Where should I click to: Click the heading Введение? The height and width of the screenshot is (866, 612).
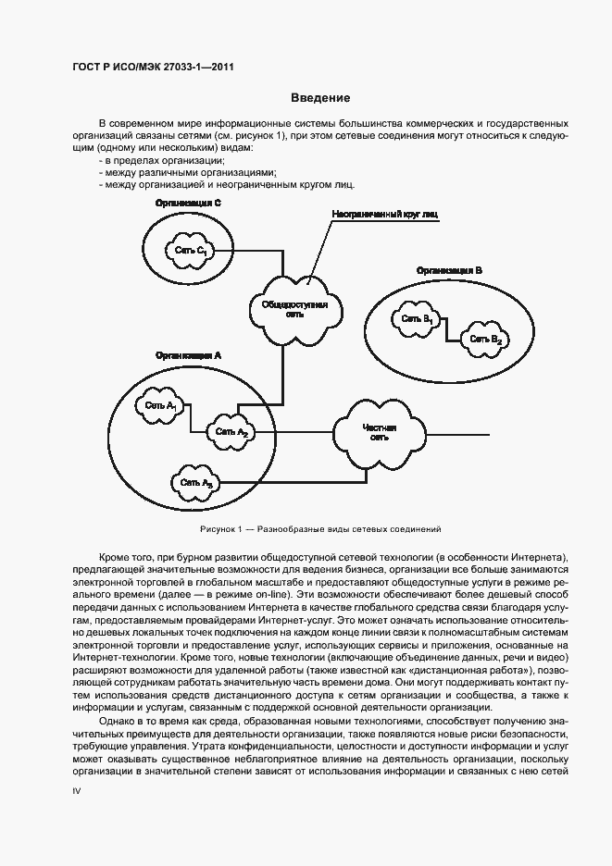tap(320, 97)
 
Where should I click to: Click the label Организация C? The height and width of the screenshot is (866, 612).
tap(188, 202)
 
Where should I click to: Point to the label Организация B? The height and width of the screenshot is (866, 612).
tap(449, 270)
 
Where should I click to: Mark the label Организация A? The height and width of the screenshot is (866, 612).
tap(189, 354)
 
